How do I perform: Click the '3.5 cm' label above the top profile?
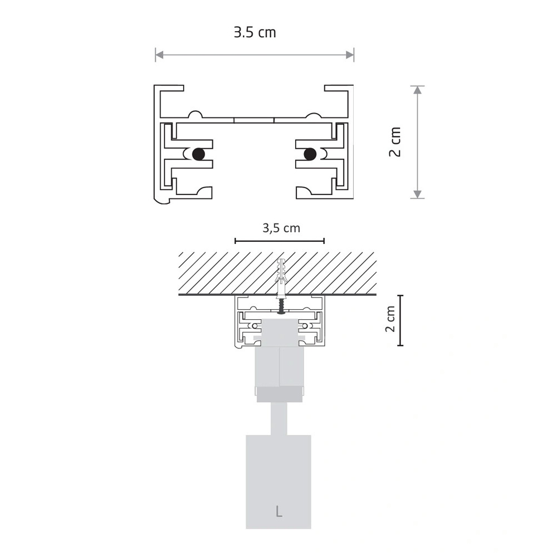[x=255, y=32]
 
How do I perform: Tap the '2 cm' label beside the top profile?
[x=395, y=141]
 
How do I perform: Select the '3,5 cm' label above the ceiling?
[x=281, y=228]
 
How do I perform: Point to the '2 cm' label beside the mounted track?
[x=390, y=319]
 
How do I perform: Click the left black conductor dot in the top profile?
[x=198, y=154]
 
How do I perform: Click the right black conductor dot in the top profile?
[x=310, y=154]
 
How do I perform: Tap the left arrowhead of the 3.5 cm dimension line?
[x=159, y=55]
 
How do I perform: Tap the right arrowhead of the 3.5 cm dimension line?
[x=350, y=55]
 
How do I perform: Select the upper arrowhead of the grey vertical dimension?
[x=418, y=90]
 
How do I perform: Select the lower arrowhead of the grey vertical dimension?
[x=418, y=194]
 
